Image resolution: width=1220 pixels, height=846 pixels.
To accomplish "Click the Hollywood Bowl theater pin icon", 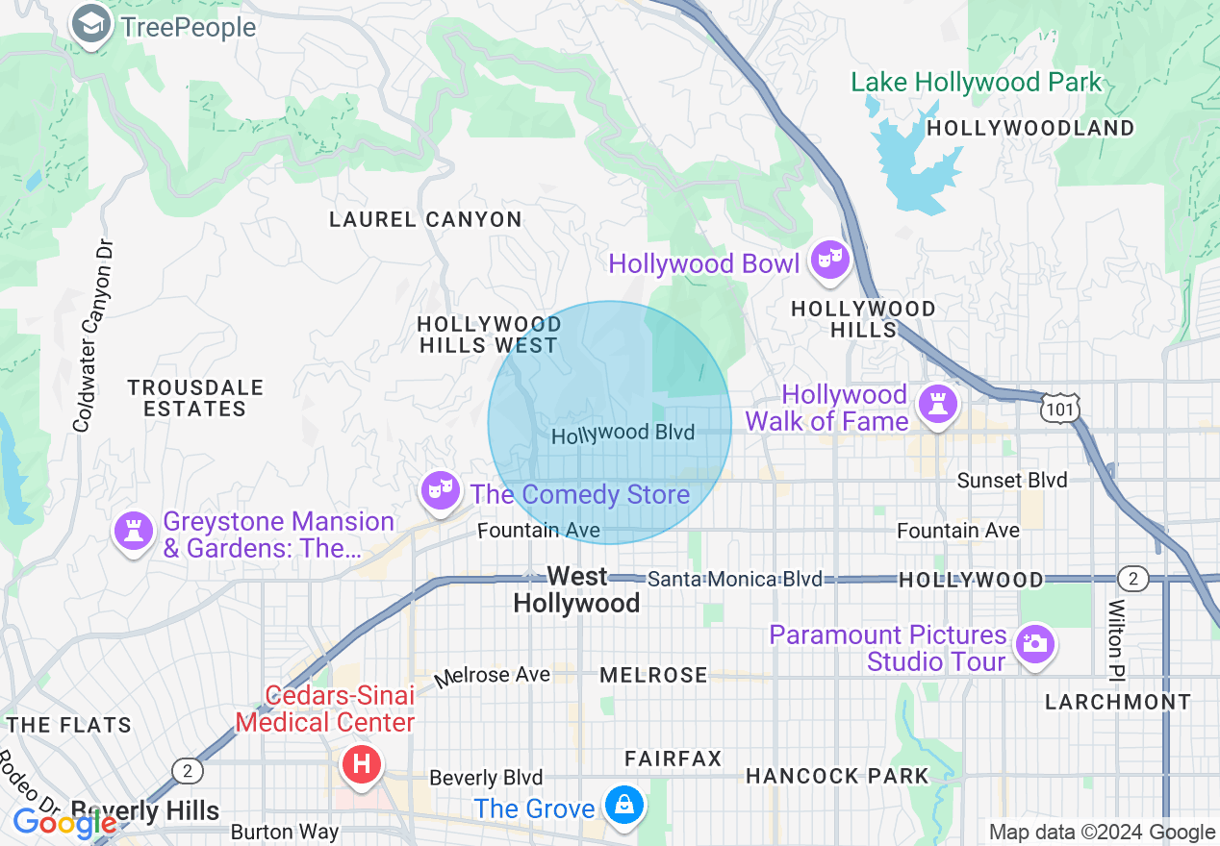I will pos(829,261).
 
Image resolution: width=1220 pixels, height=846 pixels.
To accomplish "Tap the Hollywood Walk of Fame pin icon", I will pos(935,404).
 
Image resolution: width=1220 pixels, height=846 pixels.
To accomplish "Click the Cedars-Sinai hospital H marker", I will pos(362,765).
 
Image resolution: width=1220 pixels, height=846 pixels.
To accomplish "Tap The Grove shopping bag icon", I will pos(623,804).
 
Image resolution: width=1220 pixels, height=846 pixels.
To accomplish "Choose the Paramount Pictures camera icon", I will pos(1034,644).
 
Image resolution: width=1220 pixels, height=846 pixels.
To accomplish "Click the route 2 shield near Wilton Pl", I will pos(1133,578).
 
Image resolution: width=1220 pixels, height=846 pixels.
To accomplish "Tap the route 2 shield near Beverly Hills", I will pos(187,770).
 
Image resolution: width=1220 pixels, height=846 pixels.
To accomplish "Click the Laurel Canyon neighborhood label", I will pos(425,219).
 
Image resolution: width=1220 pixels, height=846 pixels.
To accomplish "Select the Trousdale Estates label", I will pos(195,398).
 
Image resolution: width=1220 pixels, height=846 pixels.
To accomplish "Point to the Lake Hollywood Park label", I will pos(976,83).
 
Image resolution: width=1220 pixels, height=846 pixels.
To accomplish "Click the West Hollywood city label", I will pos(576,589).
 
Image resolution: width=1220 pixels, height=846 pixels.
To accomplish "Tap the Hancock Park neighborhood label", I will pos(837,776).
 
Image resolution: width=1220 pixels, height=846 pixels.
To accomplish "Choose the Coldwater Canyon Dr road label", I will pos(92,336).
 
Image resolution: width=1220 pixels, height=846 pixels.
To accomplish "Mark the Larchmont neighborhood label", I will pos(1117,702).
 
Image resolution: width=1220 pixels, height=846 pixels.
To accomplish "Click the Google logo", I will pos(64,822).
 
